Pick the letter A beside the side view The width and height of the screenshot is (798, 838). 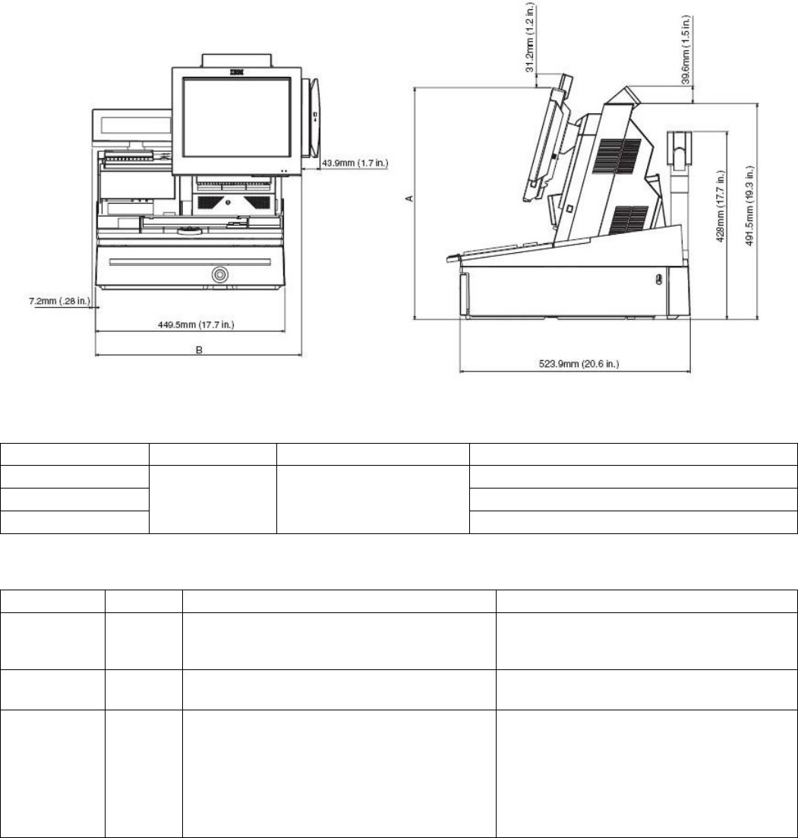point(408,200)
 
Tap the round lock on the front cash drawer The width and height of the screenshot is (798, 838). point(220,274)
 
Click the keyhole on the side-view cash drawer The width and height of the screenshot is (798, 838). point(658,280)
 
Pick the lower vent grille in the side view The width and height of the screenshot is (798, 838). point(629,220)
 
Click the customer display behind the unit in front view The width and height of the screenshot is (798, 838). point(129,126)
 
